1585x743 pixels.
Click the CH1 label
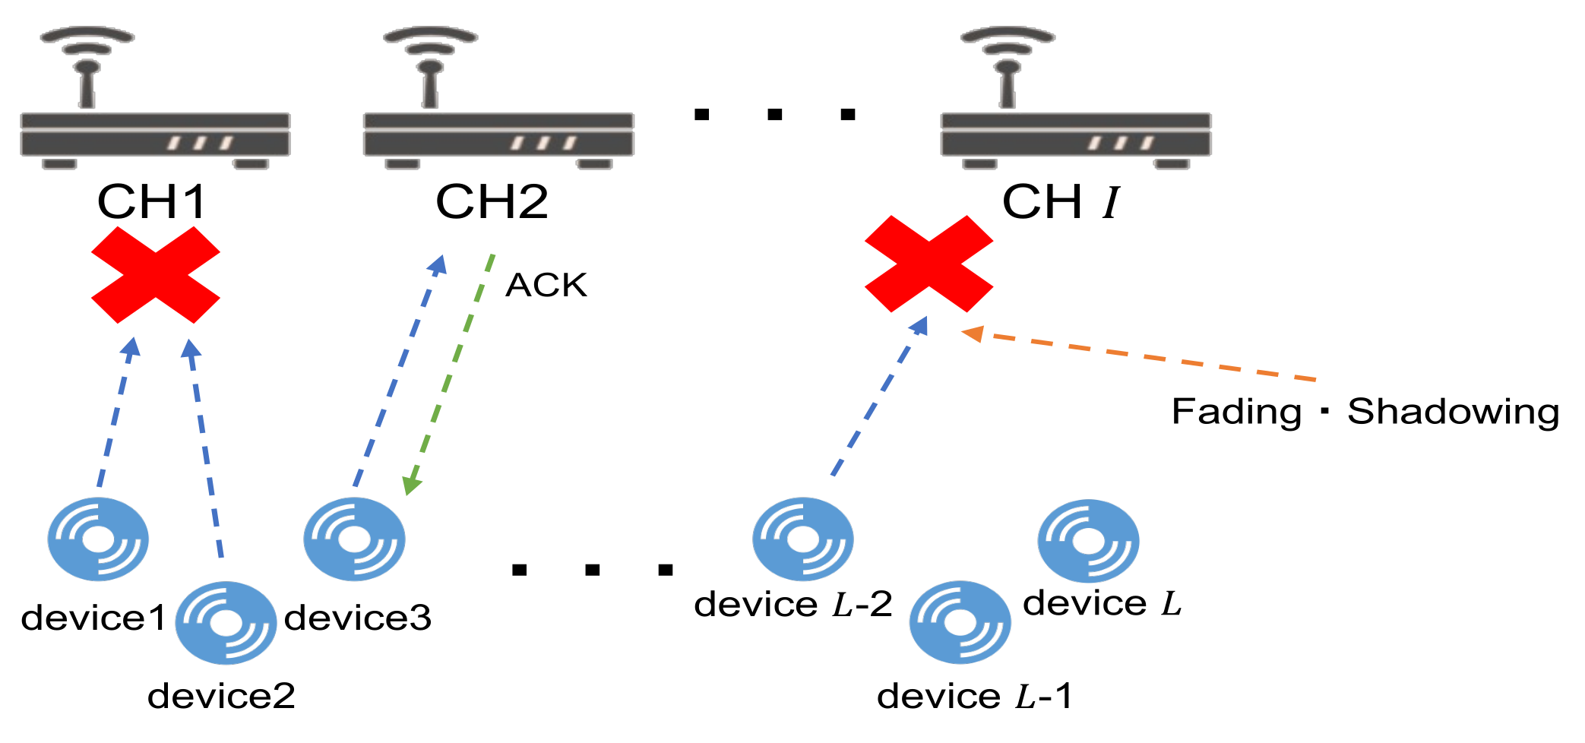(152, 202)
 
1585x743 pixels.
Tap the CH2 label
(492, 202)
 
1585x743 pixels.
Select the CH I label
(1061, 202)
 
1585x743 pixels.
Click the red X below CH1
(156, 275)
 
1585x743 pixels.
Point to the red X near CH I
(929, 264)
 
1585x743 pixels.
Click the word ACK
(546, 286)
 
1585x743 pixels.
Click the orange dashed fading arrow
(1140, 356)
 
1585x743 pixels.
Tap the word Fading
(1236, 412)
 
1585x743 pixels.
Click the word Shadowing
(1453, 412)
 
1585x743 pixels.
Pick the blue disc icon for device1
(98, 539)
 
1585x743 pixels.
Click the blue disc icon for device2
(226, 623)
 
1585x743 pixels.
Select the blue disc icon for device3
(354, 539)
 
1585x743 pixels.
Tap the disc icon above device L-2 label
(803, 539)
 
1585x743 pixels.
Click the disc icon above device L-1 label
(960, 623)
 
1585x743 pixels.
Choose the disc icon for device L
(1088, 541)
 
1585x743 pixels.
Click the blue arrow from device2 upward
(205, 448)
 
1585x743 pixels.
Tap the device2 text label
(221, 696)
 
